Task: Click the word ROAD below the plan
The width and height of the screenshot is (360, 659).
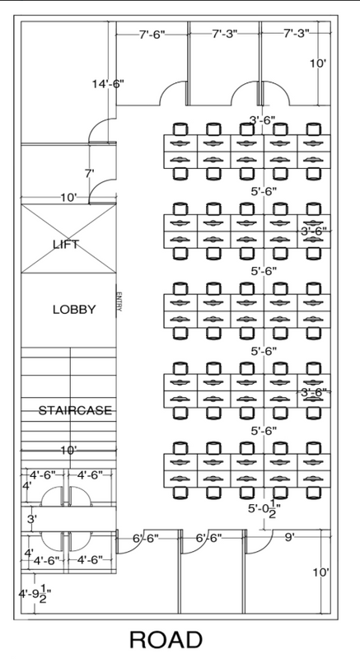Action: click(x=166, y=640)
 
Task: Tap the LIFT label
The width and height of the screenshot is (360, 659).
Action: click(x=66, y=244)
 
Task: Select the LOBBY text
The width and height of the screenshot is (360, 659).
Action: click(x=74, y=310)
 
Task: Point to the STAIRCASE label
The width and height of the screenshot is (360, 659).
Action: click(x=75, y=410)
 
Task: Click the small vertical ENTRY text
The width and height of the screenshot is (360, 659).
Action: click(x=119, y=301)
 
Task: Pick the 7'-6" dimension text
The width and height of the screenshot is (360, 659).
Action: click(x=152, y=34)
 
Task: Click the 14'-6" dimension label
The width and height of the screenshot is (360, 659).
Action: click(x=109, y=84)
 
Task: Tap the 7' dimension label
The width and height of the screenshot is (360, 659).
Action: click(x=90, y=173)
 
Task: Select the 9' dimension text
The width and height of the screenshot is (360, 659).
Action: click(x=289, y=538)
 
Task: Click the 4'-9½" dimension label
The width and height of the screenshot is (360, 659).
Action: click(x=35, y=593)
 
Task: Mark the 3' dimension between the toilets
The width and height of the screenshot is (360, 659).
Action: click(x=32, y=519)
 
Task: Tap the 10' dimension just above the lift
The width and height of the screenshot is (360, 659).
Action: click(x=68, y=198)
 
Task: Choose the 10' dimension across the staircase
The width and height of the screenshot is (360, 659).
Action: click(x=68, y=451)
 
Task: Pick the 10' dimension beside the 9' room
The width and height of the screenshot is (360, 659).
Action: click(x=321, y=572)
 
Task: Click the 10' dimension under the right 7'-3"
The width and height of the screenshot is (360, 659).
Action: click(x=318, y=63)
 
